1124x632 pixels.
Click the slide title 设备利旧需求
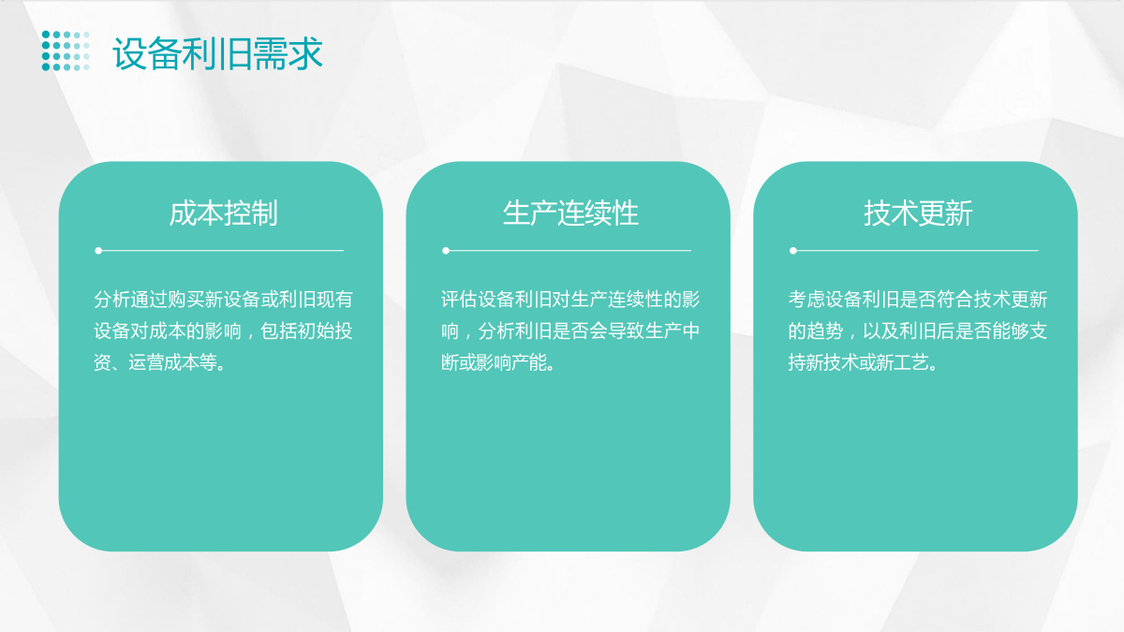coord(217,53)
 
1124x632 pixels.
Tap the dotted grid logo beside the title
coord(66,51)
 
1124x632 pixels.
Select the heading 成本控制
coord(223,213)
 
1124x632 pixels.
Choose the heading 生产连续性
coord(570,213)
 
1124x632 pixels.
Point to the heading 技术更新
coord(918,213)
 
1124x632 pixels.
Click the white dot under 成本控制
coord(98,250)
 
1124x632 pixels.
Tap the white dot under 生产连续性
coord(446,250)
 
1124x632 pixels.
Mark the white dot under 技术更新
coord(792,250)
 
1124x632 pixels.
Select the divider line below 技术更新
coord(914,250)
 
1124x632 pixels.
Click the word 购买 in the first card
coord(186,300)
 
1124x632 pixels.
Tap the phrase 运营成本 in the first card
coord(164,362)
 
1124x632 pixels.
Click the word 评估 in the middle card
coord(459,300)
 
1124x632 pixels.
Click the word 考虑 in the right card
coord(806,300)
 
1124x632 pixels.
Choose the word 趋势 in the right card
coord(825,331)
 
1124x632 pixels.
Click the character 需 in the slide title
coord(270,53)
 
